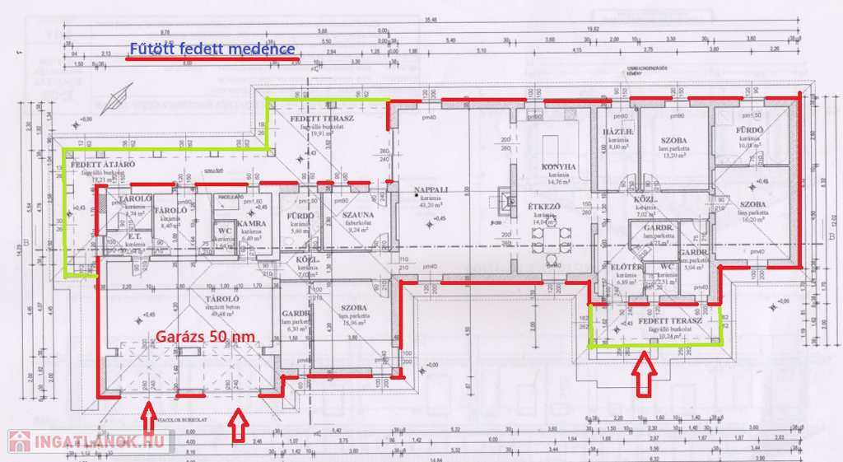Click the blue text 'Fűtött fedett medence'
click(212, 49)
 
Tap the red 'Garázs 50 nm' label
click(204, 336)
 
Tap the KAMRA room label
click(249, 224)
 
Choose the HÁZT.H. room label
click(617, 133)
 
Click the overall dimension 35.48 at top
click(431, 20)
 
